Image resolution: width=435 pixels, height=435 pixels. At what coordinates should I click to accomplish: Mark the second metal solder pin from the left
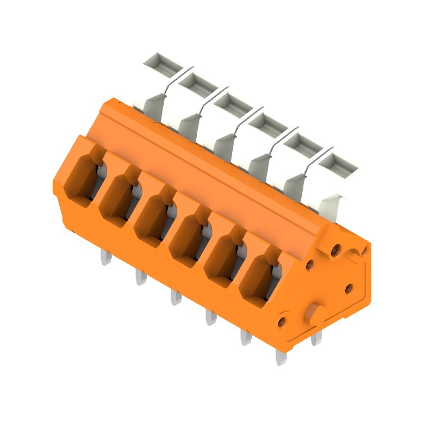pyautogui.click(x=140, y=278)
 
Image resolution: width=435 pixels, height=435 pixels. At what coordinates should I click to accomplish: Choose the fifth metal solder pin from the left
pyautogui.click(x=245, y=338)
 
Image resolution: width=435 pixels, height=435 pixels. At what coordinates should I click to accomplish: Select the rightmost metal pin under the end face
pyautogui.click(x=315, y=338)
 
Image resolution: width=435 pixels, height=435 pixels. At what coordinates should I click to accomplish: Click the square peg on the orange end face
pyautogui.click(x=314, y=315)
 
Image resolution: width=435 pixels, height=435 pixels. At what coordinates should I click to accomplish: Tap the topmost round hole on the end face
pyautogui.click(x=335, y=250)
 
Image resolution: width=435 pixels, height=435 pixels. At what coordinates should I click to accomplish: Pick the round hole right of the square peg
pyautogui.click(x=349, y=289)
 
